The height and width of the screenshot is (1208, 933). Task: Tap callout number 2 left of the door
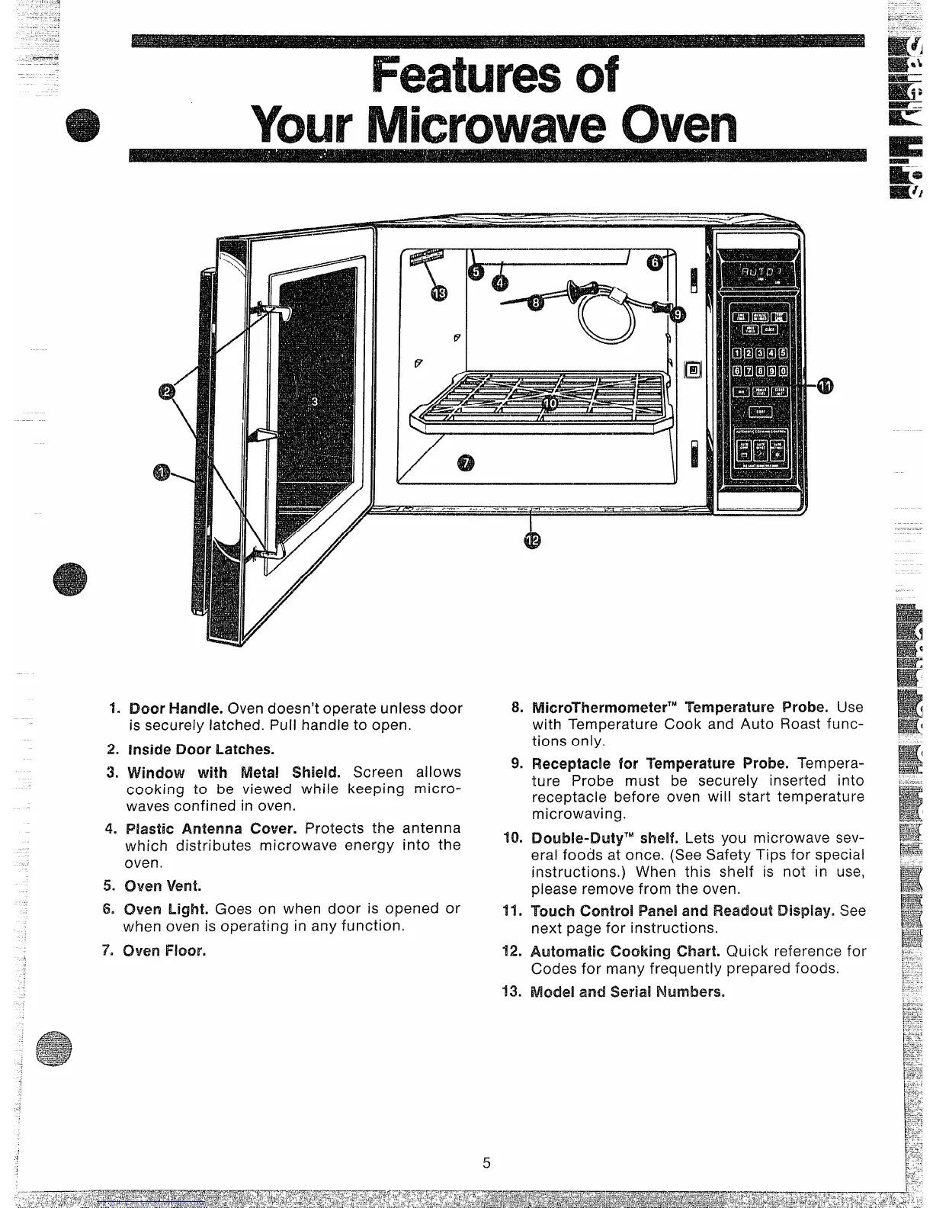click(x=168, y=391)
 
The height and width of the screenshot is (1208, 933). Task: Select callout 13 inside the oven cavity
click(x=439, y=294)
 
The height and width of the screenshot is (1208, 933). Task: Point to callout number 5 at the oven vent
click(x=475, y=272)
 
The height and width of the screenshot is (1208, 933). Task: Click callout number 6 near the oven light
click(x=655, y=262)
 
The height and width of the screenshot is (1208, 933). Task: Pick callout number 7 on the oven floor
click(x=466, y=462)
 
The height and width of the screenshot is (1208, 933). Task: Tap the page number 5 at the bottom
click(x=486, y=1163)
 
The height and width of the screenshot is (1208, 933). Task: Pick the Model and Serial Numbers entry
click(x=627, y=992)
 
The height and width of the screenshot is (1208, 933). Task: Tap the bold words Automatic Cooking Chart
click(x=625, y=951)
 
